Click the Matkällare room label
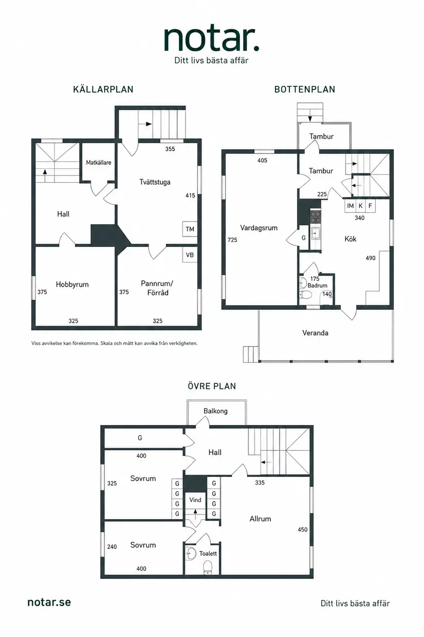(99, 163)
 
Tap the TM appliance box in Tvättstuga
(190, 229)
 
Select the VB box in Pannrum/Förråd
(190, 255)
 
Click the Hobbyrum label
(72, 285)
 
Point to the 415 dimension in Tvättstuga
(190, 196)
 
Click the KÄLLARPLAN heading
(103, 90)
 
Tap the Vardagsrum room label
(259, 228)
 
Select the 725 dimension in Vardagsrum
(232, 240)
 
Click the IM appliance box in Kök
(351, 206)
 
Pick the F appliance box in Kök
(371, 206)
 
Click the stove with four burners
(316, 217)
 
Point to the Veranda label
(315, 333)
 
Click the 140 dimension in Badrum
(327, 294)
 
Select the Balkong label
(215, 411)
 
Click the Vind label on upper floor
(195, 500)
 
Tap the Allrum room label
(260, 519)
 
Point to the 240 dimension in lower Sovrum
(112, 546)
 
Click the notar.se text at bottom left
(49, 602)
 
